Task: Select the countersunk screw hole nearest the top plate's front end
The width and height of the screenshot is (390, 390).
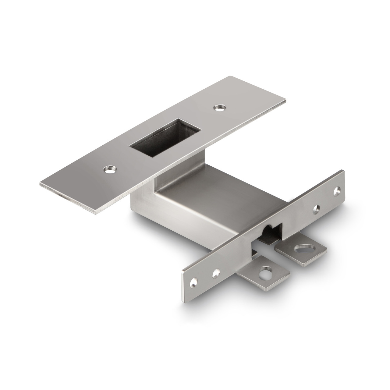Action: point(110,169)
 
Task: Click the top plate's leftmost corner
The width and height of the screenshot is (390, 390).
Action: point(40,185)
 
